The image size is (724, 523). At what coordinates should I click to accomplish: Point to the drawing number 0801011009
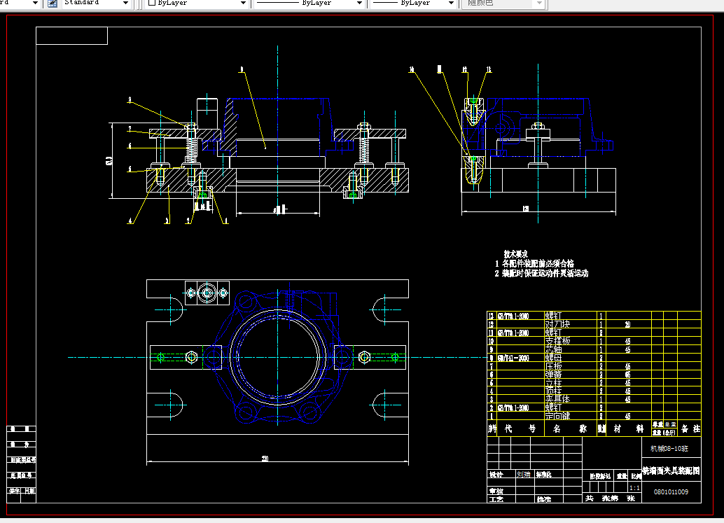point(671,492)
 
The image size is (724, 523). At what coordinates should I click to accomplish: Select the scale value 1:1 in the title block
point(634,487)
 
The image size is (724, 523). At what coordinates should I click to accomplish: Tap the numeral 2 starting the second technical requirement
point(496,274)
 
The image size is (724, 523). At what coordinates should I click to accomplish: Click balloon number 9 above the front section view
point(241,69)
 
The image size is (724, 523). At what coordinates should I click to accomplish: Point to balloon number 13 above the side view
point(488,69)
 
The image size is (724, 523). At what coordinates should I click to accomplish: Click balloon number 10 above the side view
point(412,69)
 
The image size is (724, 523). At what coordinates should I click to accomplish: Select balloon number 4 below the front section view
point(130,221)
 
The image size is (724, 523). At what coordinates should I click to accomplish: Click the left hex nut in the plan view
point(191,358)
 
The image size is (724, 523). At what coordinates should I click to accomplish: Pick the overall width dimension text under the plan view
point(265,459)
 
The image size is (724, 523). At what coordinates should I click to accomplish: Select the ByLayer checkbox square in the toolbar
point(151,4)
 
